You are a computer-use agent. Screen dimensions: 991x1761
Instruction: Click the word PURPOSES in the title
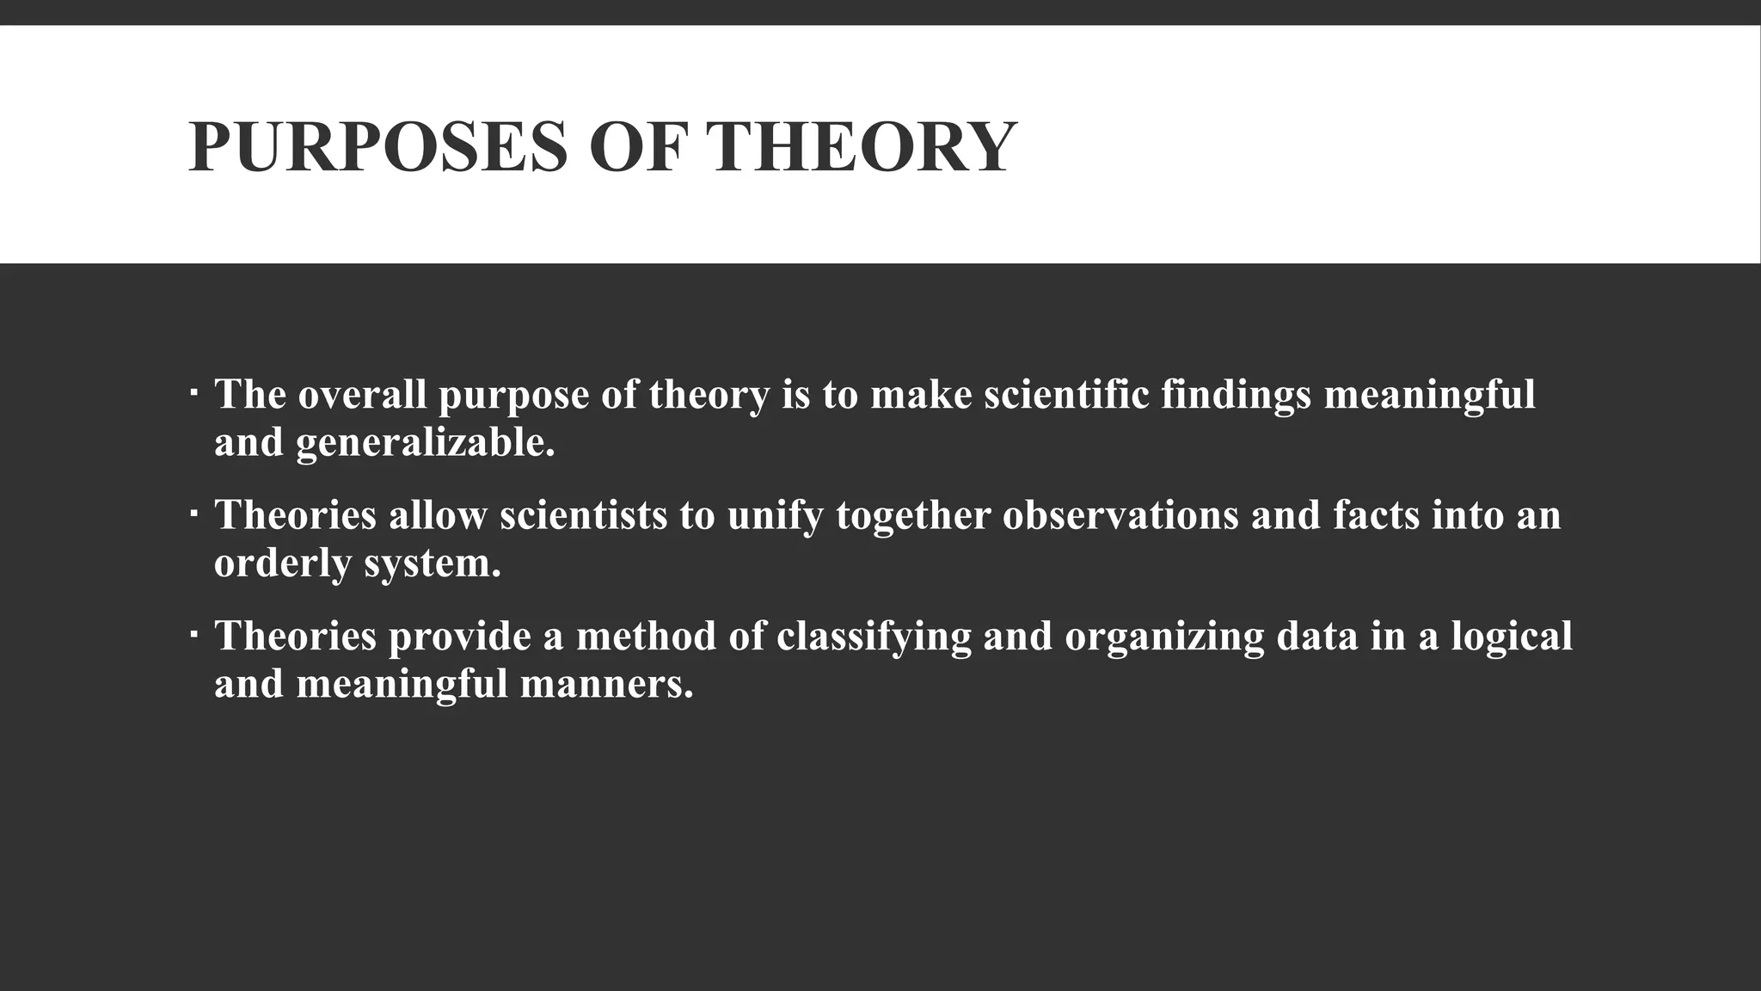click(377, 147)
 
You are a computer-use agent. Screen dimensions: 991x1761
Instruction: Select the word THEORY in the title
click(862, 147)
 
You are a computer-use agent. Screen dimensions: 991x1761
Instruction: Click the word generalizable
click(426, 443)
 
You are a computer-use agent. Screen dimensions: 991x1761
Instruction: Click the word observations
click(1120, 515)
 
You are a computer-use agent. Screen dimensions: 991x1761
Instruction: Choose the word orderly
click(283, 564)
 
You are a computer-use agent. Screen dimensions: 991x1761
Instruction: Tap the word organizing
click(1164, 637)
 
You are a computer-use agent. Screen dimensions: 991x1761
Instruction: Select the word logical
click(1512, 637)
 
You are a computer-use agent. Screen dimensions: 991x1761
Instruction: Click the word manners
click(606, 684)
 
